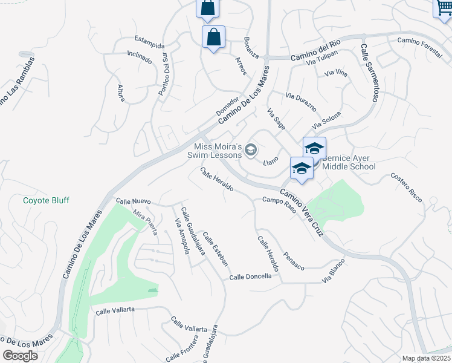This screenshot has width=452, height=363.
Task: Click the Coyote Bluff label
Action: (x=46, y=200)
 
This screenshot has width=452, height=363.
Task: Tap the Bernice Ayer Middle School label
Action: (x=349, y=162)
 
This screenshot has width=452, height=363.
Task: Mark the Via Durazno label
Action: (x=300, y=104)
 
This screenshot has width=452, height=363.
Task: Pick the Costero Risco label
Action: (x=406, y=185)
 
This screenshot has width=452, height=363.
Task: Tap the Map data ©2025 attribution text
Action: (x=426, y=358)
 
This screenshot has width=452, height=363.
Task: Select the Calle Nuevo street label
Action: (x=133, y=201)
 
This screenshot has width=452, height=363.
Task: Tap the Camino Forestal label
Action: (x=419, y=45)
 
